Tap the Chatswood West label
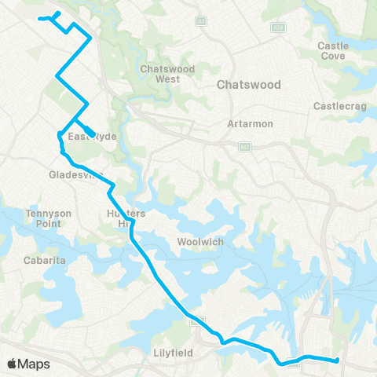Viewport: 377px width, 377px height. pyautogui.click(x=161, y=74)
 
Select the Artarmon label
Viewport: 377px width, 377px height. pyautogui.click(x=243, y=123)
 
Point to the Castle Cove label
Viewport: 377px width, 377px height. pyautogui.click(x=333, y=51)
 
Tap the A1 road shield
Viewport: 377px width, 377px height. pyautogui.click(x=201, y=20)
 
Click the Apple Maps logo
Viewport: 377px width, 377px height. pyautogui.click(x=28, y=364)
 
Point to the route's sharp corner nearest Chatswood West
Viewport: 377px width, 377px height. pyautogui.click(x=91, y=37)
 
